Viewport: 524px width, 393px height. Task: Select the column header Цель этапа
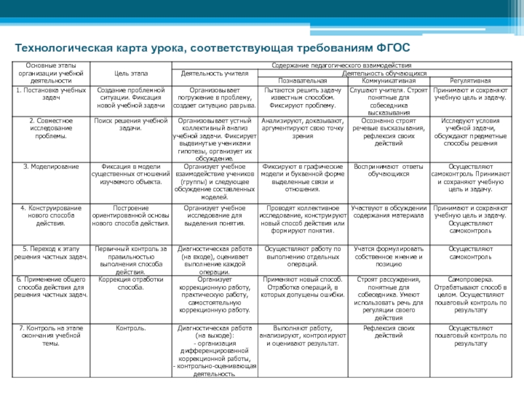point(131,73)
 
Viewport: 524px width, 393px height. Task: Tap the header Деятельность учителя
point(214,73)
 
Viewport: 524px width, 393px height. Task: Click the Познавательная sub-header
point(303,80)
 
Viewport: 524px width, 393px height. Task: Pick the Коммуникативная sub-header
point(388,80)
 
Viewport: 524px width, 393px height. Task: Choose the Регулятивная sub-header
point(470,80)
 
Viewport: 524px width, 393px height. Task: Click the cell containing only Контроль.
point(131,327)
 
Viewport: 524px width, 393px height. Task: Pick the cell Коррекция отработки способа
point(130,283)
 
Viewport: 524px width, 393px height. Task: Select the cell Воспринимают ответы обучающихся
point(388,170)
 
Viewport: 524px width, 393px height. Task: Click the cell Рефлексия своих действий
point(388,331)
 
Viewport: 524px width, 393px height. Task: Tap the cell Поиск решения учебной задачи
point(131,124)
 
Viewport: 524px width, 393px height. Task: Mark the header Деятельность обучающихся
point(389,73)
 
